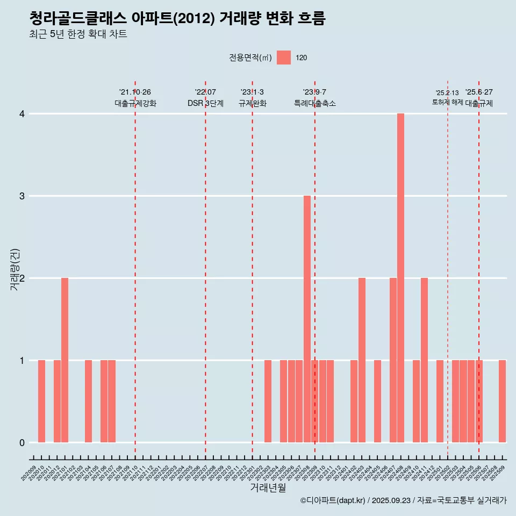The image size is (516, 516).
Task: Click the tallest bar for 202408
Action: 400,278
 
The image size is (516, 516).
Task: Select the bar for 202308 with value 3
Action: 307,319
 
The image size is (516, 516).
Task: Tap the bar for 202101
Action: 64,360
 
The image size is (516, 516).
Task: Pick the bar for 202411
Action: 424,360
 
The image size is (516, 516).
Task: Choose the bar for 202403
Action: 362,360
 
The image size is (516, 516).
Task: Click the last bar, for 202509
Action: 502,401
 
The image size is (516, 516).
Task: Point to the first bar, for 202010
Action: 41,401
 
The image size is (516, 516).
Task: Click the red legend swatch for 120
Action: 284,58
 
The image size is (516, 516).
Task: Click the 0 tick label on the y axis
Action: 22,442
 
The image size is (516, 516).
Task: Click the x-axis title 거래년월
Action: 268,488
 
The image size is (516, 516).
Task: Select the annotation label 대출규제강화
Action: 135,103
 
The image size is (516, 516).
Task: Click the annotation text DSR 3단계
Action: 205,103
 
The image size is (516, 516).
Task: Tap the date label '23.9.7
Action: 314,92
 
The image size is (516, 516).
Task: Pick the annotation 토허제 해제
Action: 447,102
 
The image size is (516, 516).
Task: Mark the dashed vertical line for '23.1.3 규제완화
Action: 252,269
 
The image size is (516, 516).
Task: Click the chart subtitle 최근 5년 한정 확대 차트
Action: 78,34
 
